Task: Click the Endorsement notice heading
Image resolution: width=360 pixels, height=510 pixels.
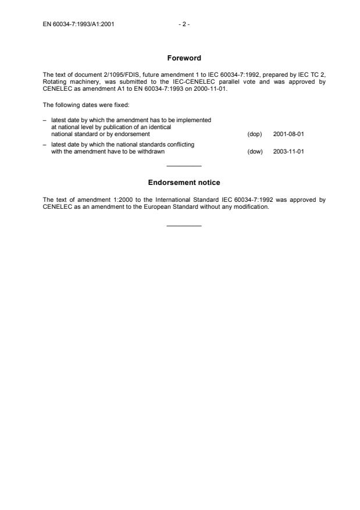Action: click(x=184, y=183)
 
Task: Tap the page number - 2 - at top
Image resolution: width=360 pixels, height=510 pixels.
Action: click(x=184, y=24)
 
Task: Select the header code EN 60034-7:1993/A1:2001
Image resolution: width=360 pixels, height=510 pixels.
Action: click(x=78, y=24)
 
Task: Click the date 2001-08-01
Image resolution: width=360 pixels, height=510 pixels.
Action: click(x=288, y=134)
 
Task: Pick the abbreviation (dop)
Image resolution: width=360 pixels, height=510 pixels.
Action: click(x=255, y=134)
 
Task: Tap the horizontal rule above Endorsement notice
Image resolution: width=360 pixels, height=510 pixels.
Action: click(x=184, y=166)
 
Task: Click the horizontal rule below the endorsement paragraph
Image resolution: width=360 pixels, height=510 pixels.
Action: click(x=184, y=225)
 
